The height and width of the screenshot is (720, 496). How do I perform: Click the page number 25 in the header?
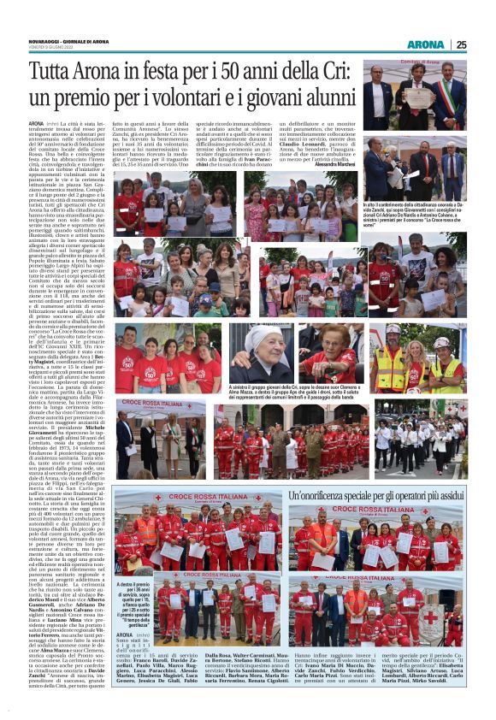point(462,44)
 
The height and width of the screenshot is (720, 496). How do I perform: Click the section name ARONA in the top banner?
point(424,44)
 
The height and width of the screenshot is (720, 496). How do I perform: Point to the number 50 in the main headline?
point(242,71)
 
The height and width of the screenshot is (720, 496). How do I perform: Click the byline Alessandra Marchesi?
point(334,160)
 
